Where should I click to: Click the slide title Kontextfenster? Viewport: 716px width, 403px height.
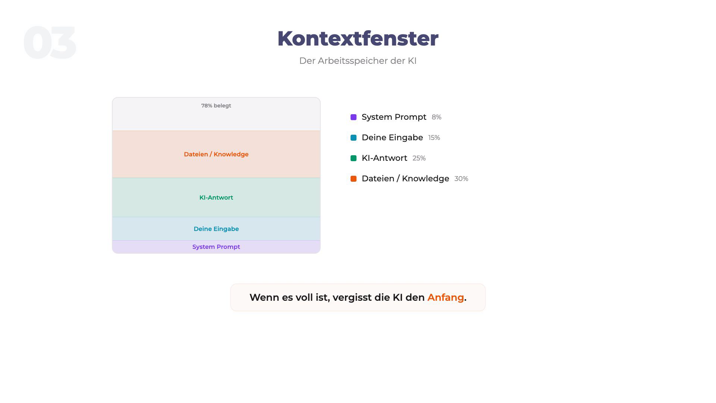(x=358, y=38)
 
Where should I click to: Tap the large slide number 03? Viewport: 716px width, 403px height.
(x=50, y=43)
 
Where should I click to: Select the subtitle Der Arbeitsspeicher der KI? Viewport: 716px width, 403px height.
(x=358, y=61)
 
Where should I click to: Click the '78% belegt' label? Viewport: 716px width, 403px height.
(x=216, y=106)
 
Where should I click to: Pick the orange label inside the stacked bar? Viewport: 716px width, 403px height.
(x=216, y=154)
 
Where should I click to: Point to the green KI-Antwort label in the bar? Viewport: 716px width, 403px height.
(x=216, y=197)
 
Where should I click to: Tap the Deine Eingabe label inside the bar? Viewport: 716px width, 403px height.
(x=216, y=229)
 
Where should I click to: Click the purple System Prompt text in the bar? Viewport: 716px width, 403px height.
(x=216, y=247)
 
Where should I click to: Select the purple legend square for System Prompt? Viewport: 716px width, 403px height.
(x=354, y=117)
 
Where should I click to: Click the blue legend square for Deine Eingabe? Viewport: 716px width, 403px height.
(x=354, y=138)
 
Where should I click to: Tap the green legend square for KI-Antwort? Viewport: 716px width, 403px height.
(x=354, y=158)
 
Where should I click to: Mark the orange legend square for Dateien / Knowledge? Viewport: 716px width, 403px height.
(x=354, y=179)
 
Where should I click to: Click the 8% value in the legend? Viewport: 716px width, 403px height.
(x=436, y=117)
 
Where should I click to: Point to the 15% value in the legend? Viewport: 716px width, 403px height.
(x=434, y=138)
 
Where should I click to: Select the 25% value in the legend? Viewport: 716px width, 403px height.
(x=419, y=158)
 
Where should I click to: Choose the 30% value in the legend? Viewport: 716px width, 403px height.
(x=461, y=179)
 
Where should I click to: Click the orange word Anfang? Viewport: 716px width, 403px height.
(x=446, y=297)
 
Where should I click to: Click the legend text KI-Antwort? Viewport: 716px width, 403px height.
(x=384, y=158)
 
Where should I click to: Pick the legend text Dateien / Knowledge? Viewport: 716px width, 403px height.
(x=405, y=179)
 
